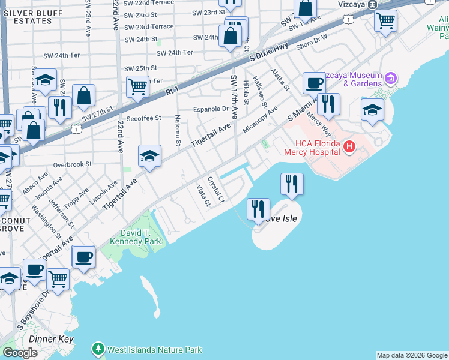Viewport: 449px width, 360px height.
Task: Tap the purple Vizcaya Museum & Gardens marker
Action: (x=391, y=78)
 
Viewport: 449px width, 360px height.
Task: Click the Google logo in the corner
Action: (x=20, y=353)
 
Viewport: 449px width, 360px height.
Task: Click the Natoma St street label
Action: (x=178, y=131)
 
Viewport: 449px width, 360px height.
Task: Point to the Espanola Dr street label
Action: (x=211, y=109)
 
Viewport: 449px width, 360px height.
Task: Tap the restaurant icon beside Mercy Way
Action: (x=328, y=104)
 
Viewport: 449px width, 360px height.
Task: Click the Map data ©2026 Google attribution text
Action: (x=411, y=355)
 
